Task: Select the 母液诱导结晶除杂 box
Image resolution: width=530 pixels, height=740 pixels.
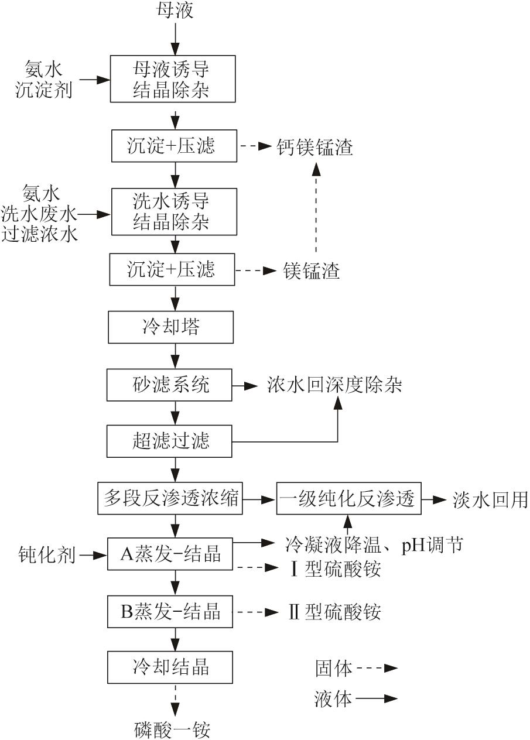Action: click(x=173, y=79)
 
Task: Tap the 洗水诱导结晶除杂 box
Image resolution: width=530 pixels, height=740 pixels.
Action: click(x=173, y=212)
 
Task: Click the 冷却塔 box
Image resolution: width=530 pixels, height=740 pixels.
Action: click(x=171, y=327)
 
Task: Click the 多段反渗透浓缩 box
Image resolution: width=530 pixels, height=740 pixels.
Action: click(x=169, y=498)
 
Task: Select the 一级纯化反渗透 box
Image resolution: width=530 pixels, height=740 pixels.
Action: click(x=348, y=499)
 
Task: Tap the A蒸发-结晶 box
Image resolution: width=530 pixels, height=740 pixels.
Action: click(x=170, y=553)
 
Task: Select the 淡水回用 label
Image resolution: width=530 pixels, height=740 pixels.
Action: click(x=490, y=499)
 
